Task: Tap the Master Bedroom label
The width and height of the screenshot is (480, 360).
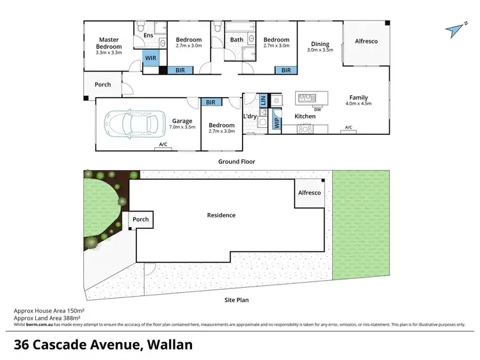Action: point(109,43)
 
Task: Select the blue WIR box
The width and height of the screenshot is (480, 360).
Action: point(151,58)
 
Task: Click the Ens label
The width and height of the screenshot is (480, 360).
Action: point(148,36)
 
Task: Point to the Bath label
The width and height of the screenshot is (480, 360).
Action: point(237,40)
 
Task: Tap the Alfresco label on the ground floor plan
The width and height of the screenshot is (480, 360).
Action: point(366,42)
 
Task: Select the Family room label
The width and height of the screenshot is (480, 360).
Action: point(358,98)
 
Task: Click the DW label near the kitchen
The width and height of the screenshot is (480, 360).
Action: point(317,109)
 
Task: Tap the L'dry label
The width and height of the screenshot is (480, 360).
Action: point(250,116)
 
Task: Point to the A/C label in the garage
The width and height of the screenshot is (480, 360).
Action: point(164,145)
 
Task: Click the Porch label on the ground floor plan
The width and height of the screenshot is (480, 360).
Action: point(102,84)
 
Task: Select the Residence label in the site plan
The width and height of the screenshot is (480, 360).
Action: point(221,215)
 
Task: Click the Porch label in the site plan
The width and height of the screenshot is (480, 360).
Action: point(141,219)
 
